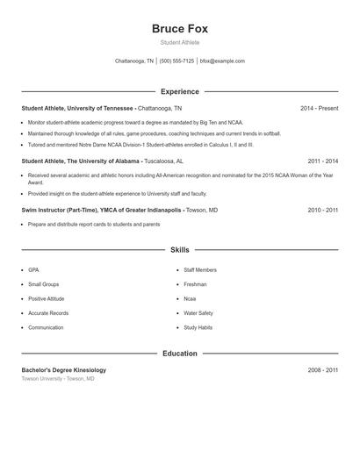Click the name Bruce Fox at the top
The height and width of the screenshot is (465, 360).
tap(180, 29)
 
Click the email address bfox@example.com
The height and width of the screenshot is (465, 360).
tap(222, 61)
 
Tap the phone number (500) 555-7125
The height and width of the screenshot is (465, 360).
tap(176, 61)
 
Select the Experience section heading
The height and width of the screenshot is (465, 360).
tap(180, 91)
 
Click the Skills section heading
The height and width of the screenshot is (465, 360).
tap(180, 250)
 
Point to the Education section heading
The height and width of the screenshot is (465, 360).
tap(180, 354)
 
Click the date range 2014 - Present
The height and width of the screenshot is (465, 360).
tap(319, 109)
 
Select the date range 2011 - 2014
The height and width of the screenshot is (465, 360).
tap(322, 161)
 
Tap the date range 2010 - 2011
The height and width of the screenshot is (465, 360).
tap(322, 211)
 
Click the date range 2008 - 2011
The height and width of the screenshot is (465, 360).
tap(322, 370)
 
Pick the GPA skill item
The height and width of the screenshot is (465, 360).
tap(33, 270)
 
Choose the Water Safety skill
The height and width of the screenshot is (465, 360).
tap(198, 313)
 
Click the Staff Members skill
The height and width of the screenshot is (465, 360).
tap(200, 270)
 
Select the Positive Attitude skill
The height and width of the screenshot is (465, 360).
tap(47, 299)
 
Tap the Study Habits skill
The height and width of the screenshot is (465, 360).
tap(198, 327)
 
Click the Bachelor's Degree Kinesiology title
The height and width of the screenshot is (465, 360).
tap(63, 370)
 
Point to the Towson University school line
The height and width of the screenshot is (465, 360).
tap(58, 379)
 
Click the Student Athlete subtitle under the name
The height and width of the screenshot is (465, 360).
tap(180, 42)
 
